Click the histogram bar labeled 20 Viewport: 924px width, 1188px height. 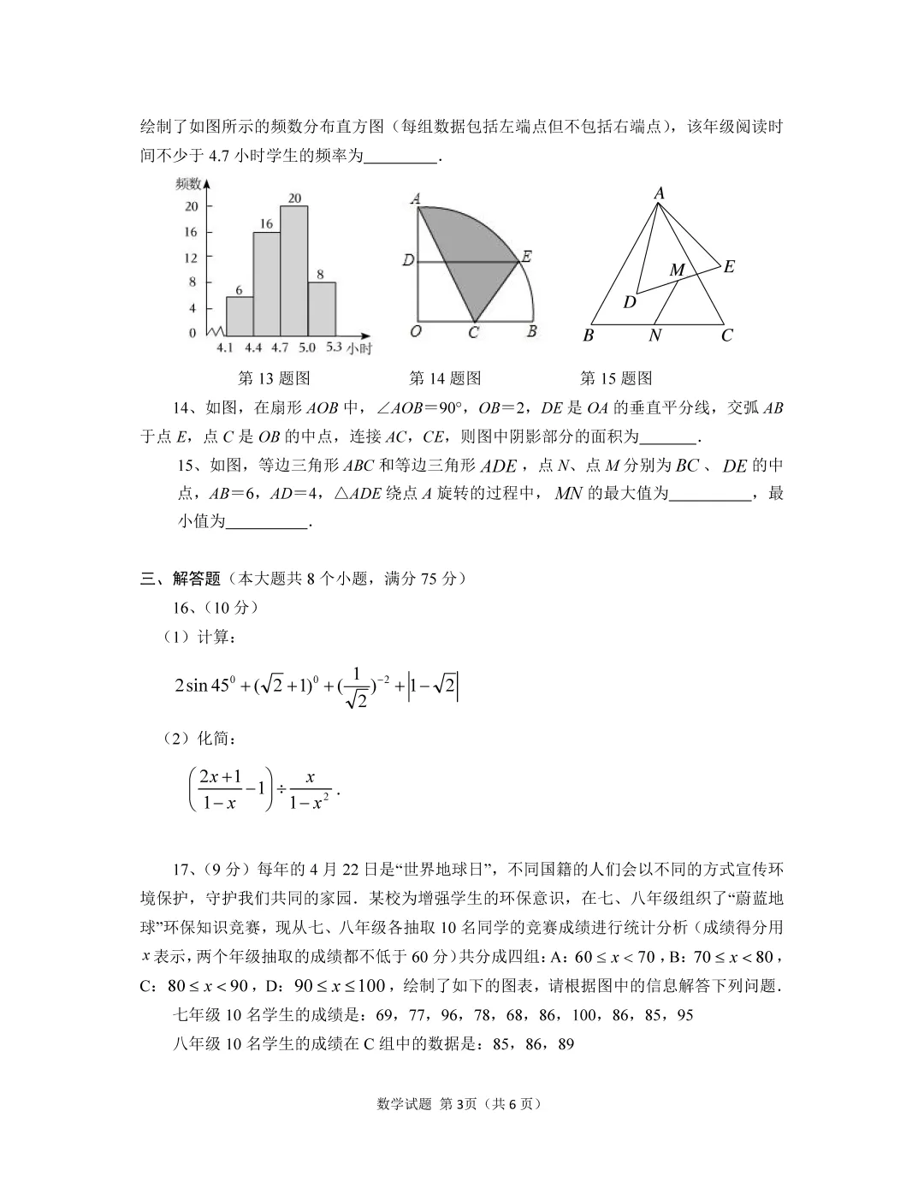click(294, 270)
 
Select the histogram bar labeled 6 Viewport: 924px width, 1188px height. click(240, 315)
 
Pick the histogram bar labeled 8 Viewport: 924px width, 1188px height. click(321, 308)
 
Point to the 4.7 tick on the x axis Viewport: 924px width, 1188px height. click(281, 347)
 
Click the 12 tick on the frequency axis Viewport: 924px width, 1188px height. click(191, 258)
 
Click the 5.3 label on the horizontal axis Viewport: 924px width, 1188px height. click(334, 347)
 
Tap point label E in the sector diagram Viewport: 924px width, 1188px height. click(527, 256)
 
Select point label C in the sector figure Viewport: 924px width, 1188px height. click(473, 332)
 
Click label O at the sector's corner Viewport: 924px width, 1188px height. click(415, 331)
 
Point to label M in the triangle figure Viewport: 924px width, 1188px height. click(677, 270)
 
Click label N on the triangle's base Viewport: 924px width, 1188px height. click(654, 336)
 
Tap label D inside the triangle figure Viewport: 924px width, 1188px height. click(630, 302)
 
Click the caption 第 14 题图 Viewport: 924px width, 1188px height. click(445, 378)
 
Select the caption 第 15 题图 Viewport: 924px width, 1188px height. click(616, 378)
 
